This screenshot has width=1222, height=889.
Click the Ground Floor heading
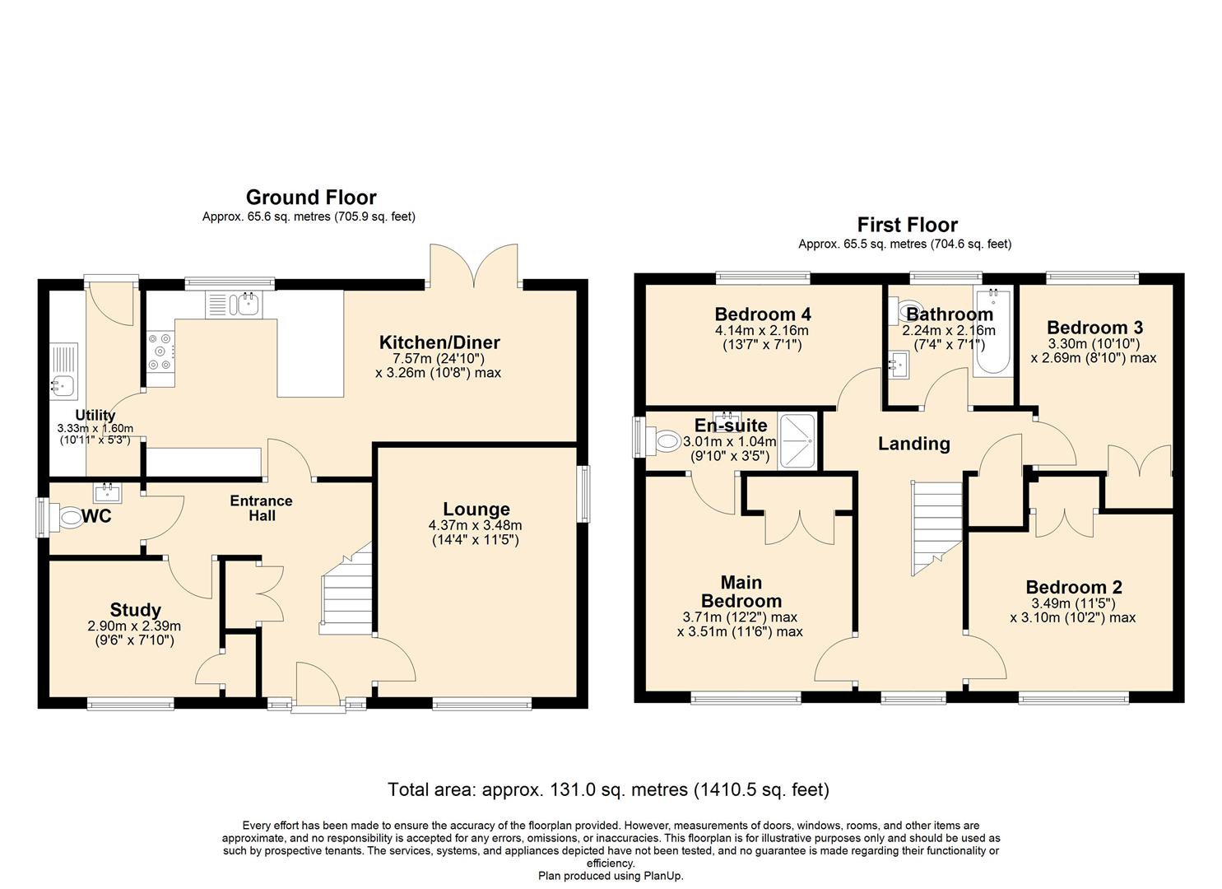[311, 198]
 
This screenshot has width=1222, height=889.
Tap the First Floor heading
[907, 225]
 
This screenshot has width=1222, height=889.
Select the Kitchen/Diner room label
[439, 342]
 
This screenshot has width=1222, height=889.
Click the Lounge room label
[476, 510]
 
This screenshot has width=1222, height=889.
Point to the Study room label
[135, 610]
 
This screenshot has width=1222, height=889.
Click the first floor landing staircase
[936, 527]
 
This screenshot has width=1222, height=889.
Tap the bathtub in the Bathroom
[993, 333]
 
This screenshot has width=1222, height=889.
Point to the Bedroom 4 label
[763, 314]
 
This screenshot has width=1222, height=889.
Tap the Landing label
[913, 444]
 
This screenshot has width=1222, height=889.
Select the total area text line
[608, 790]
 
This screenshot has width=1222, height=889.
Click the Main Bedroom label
[741, 591]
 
